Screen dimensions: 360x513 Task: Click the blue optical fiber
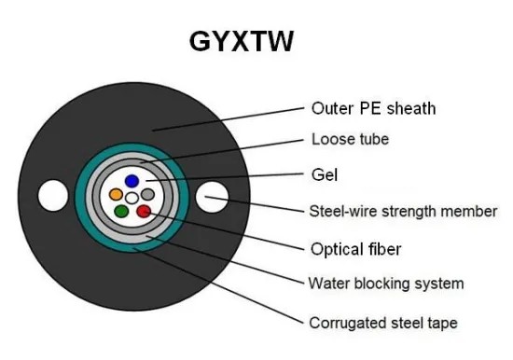pos(132,180)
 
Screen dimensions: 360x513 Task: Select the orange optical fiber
pos(116,195)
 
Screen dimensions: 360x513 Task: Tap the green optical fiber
pos(121,212)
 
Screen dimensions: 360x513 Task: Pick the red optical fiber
pos(143,212)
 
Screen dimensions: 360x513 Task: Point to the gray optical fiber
pos(147,194)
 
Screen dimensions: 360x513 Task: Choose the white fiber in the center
pos(132,198)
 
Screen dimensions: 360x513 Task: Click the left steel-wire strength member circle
pos(50,197)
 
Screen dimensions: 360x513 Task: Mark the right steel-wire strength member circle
pos(214,197)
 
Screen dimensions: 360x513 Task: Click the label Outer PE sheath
pos(372,107)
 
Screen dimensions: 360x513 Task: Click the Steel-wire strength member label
pos(402,211)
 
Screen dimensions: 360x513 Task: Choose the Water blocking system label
pos(385,283)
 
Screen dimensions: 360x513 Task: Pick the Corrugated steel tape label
pos(383,323)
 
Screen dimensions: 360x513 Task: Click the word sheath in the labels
pos(413,107)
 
